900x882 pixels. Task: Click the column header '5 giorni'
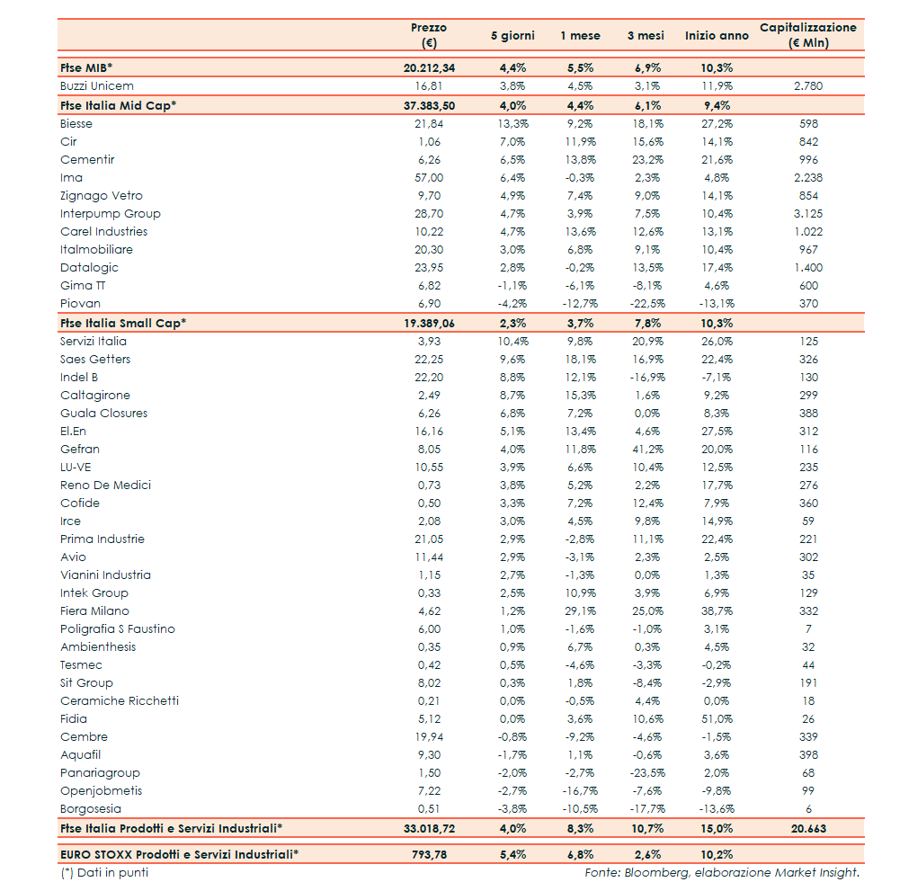click(x=512, y=36)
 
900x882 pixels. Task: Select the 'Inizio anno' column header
click(x=716, y=36)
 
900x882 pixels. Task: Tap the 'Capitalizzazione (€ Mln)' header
click(x=807, y=35)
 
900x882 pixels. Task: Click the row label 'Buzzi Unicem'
click(x=97, y=86)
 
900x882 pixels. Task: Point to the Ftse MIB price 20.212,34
click(x=429, y=68)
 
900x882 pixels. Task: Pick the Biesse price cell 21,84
click(x=429, y=124)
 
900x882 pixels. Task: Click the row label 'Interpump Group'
click(x=111, y=214)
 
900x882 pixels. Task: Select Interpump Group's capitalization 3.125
click(x=808, y=214)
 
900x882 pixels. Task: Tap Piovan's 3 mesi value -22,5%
click(x=646, y=304)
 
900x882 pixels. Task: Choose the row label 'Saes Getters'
click(x=95, y=360)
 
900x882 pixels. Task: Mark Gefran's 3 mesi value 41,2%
click(x=646, y=450)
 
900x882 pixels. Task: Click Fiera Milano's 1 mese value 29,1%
click(x=580, y=611)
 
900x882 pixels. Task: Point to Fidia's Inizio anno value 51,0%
click(x=716, y=719)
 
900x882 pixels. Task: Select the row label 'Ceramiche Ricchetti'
click(x=120, y=701)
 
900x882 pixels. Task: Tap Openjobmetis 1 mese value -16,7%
click(x=580, y=791)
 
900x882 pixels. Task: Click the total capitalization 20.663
click(x=808, y=829)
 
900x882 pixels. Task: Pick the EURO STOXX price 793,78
click(x=429, y=855)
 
